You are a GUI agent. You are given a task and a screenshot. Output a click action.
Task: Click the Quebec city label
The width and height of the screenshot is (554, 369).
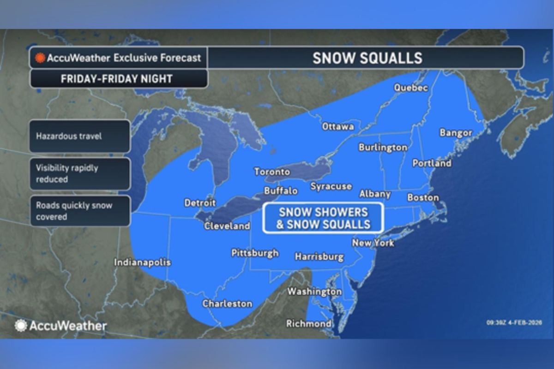pos(411,88)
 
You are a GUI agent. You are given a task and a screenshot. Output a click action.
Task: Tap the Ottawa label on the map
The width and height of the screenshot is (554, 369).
pos(338,126)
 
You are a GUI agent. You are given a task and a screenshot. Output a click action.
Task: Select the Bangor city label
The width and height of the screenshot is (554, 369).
pos(456,133)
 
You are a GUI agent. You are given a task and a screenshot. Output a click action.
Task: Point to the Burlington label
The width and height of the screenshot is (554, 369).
pos(383,148)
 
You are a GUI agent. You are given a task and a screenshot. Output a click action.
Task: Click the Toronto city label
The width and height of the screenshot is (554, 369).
pos(272,172)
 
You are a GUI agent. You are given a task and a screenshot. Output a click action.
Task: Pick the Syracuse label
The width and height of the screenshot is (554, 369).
pos(331,186)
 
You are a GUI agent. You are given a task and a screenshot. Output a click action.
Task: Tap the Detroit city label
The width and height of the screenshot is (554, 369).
pos(200,202)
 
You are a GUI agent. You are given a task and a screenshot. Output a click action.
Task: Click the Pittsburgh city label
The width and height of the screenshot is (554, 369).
pos(255,253)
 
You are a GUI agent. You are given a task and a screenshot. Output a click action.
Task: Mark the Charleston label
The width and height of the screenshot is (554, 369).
pos(227,304)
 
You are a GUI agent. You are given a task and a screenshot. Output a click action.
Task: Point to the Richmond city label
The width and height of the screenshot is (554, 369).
pos(308,323)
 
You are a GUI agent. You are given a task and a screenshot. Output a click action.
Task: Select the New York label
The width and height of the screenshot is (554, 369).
pos(373,243)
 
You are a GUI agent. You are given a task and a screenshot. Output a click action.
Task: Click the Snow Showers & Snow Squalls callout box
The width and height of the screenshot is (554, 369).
pos(323,218)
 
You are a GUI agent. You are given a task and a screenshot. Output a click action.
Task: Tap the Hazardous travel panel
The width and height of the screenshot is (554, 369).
pos(80,136)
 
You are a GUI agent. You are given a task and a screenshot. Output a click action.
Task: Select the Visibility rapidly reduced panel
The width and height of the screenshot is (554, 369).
pos(80,173)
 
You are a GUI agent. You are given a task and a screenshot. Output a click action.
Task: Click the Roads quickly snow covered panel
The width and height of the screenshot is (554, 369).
pos(80,211)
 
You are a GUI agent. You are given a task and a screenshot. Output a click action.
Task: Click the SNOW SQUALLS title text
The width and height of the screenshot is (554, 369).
pos(367,58)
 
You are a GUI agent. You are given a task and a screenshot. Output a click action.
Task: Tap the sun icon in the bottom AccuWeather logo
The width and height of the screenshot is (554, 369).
pos(21,326)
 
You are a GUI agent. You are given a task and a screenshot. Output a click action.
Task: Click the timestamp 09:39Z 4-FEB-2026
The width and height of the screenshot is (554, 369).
pos(514,322)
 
